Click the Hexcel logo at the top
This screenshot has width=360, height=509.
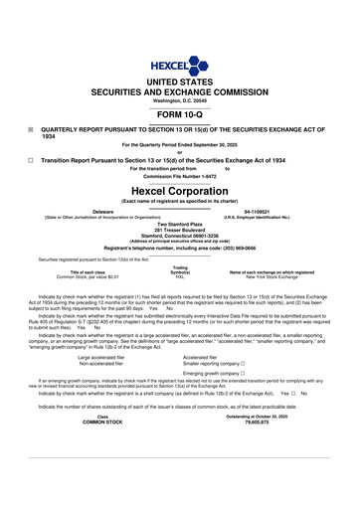[179, 51]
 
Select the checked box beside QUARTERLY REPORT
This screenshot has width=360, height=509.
[31, 130]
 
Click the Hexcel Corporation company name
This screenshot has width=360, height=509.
[179, 189]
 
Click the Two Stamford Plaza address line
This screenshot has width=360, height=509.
[179, 223]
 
